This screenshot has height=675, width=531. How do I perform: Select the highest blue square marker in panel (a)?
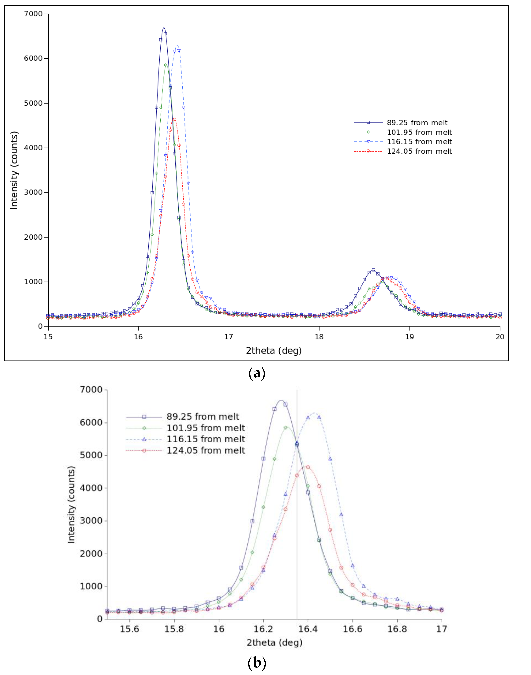coord(165,34)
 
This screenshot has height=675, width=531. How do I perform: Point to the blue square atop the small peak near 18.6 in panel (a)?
coord(373,270)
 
